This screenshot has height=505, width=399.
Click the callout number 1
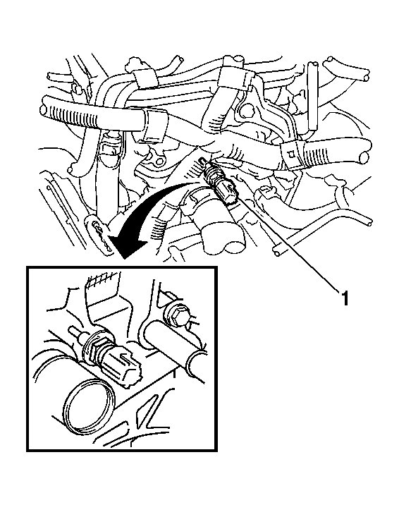pyautogui.click(x=345, y=298)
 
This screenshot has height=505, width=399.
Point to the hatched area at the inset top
pyautogui.click(x=101, y=281)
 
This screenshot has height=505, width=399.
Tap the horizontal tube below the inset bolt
pyautogui.click(x=174, y=348)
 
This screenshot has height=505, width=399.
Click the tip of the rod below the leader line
pyautogui.click(x=276, y=253)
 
